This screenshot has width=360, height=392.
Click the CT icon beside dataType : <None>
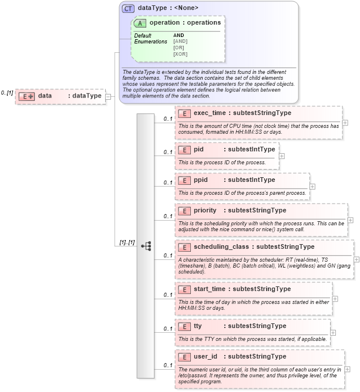point(128,8)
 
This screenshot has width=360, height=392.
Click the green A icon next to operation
point(140,23)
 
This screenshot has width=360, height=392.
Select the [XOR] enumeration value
point(181,54)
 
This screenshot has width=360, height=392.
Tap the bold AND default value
point(179,35)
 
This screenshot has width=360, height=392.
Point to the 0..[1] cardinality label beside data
point(7,92)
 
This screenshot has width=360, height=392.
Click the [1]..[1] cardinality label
point(127,242)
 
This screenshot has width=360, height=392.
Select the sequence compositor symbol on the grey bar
point(146,245)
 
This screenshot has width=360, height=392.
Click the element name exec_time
point(209,113)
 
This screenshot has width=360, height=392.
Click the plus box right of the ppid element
point(312,187)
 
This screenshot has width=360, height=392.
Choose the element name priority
point(206,210)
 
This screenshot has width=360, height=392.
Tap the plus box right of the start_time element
point(335,298)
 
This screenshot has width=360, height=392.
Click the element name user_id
point(206,356)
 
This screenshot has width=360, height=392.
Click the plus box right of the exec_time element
point(345,123)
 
